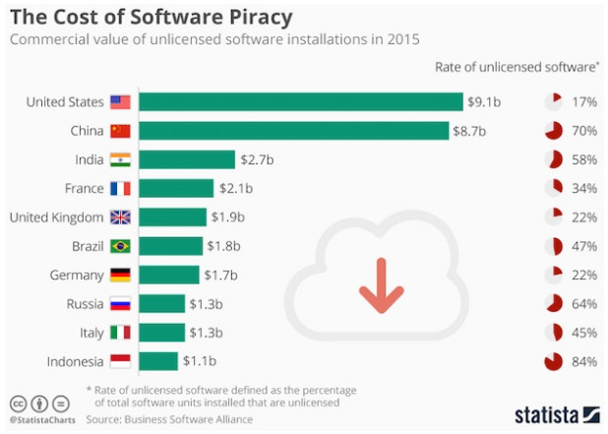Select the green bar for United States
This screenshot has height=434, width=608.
pyautogui.click(x=300, y=101)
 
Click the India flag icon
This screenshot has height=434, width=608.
pyautogui.click(x=120, y=159)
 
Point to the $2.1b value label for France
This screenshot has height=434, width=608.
pyautogui.click(x=237, y=188)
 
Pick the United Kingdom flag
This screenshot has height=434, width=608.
pyautogui.click(x=120, y=217)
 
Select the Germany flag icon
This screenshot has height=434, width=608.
pyautogui.click(x=120, y=275)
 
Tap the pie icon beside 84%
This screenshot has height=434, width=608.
pyautogui.click(x=553, y=361)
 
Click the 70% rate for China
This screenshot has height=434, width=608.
pyautogui.click(x=584, y=130)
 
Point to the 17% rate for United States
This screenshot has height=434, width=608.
pyautogui.click(x=584, y=101)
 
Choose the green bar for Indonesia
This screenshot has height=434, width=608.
pyautogui.click(x=158, y=361)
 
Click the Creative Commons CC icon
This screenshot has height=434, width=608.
pyautogui.click(x=17, y=403)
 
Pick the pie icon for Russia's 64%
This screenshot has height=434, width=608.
pyautogui.click(x=553, y=303)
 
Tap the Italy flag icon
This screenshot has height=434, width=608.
pyautogui.click(x=120, y=333)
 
